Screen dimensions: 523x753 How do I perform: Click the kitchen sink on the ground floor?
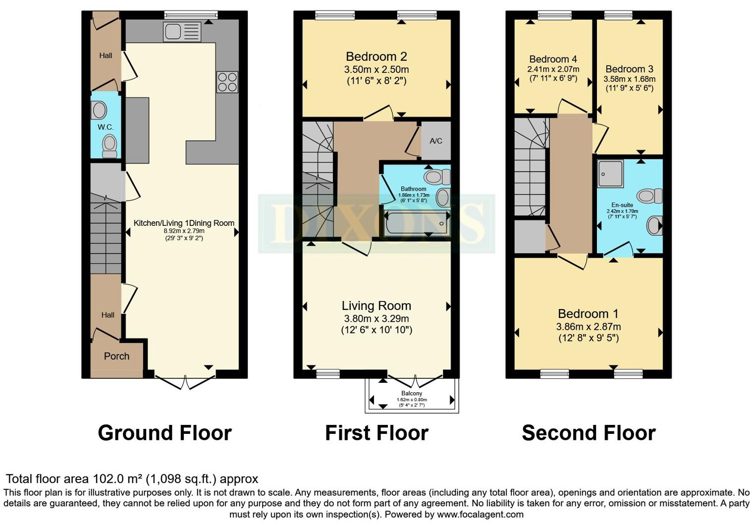182,32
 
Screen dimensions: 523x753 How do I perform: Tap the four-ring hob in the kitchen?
227,82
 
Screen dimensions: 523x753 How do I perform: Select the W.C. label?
106,127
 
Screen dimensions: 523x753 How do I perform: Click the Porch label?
116,356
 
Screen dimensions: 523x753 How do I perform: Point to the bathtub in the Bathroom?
417,223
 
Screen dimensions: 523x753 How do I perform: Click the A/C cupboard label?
436,141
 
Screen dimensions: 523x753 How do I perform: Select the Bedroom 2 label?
376,56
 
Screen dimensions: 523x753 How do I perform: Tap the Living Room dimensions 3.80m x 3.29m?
376,318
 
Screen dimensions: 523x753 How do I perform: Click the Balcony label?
412,393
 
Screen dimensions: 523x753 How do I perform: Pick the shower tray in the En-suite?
610,173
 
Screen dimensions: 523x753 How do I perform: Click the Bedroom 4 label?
553,59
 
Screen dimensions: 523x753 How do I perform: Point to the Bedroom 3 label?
629,69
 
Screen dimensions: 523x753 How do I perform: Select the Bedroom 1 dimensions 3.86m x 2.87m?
588,326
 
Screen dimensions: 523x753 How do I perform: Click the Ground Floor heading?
164,433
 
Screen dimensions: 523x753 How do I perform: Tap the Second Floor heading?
589,433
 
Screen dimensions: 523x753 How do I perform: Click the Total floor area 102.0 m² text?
132,479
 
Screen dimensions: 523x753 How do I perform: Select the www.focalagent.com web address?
480,514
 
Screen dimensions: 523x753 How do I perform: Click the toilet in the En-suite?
649,196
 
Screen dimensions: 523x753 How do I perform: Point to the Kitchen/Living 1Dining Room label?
184,223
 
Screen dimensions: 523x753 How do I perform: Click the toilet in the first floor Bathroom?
436,176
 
